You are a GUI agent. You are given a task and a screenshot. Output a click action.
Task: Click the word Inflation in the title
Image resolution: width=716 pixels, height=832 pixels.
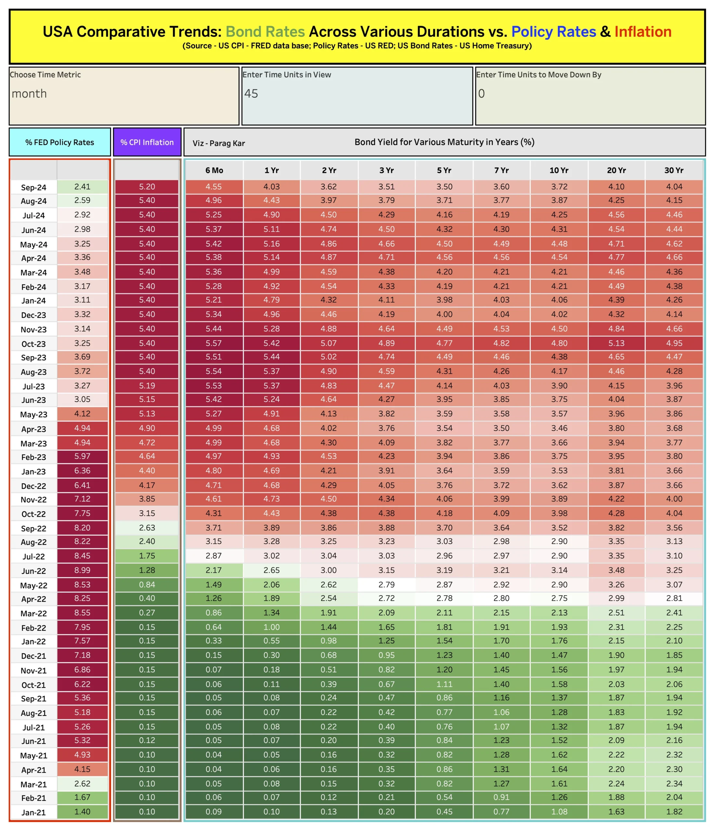click(x=643, y=32)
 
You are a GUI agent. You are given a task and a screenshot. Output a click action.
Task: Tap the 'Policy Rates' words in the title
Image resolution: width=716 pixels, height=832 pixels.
click(x=553, y=32)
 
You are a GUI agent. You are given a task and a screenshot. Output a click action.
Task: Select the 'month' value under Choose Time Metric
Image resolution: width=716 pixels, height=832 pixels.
click(x=29, y=94)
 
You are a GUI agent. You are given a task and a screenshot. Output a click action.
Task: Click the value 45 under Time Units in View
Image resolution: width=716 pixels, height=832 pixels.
click(x=251, y=94)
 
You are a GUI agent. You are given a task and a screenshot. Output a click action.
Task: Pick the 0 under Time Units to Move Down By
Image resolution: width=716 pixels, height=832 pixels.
click(x=481, y=94)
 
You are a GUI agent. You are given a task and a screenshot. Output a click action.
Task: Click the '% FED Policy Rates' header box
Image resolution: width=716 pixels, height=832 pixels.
click(x=60, y=142)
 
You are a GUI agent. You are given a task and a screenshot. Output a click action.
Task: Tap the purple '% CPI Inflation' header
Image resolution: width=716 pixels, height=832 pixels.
click(x=147, y=142)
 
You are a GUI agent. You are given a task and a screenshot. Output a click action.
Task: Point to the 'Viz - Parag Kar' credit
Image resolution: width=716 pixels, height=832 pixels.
click(x=218, y=143)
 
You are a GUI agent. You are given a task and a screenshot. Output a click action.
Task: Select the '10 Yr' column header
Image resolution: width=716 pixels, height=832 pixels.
click(x=559, y=170)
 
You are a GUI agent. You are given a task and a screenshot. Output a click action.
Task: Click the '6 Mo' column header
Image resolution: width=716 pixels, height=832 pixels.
click(x=214, y=170)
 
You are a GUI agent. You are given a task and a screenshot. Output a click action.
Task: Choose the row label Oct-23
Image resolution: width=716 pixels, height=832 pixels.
click(x=34, y=344)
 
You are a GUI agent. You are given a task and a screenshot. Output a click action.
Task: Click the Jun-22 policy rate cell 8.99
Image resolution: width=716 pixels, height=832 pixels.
click(x=82, y=570)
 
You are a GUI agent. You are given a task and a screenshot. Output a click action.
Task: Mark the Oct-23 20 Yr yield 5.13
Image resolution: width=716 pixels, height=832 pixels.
click(x=617, y=343)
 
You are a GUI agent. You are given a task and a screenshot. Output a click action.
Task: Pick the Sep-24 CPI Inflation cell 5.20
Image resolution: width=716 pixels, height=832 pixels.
click(x=147, y=187)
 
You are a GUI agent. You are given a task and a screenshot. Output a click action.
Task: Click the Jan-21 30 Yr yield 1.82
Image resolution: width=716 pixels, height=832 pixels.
click(x=674, y=812)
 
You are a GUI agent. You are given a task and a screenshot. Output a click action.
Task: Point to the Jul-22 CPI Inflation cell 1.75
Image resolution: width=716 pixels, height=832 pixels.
click(x=147, y=556)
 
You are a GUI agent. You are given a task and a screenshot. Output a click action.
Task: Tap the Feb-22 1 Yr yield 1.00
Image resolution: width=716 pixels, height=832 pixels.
click(x=271, y=627)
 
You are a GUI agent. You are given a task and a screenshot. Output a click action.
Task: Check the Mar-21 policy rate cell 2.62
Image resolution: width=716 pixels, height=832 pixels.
click(x=82, y=784)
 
